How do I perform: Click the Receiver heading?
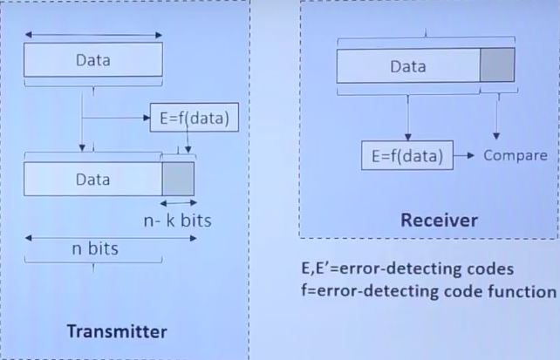[439, 220]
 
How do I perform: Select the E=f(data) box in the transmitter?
[194, 119]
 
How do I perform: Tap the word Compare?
[515, 156]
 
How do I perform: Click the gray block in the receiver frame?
[497, 66]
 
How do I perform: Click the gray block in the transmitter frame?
[179, 180]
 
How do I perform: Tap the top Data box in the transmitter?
[92, 61]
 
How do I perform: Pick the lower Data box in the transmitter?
[92, 180]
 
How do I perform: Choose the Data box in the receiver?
[407, 66]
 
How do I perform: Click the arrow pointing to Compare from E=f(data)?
[466, 156]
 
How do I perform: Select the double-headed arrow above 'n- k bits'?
[179, 203]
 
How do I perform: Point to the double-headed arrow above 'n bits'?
[110, 236]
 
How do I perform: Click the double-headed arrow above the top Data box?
[93, 35]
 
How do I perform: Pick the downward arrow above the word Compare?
[496, 122]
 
